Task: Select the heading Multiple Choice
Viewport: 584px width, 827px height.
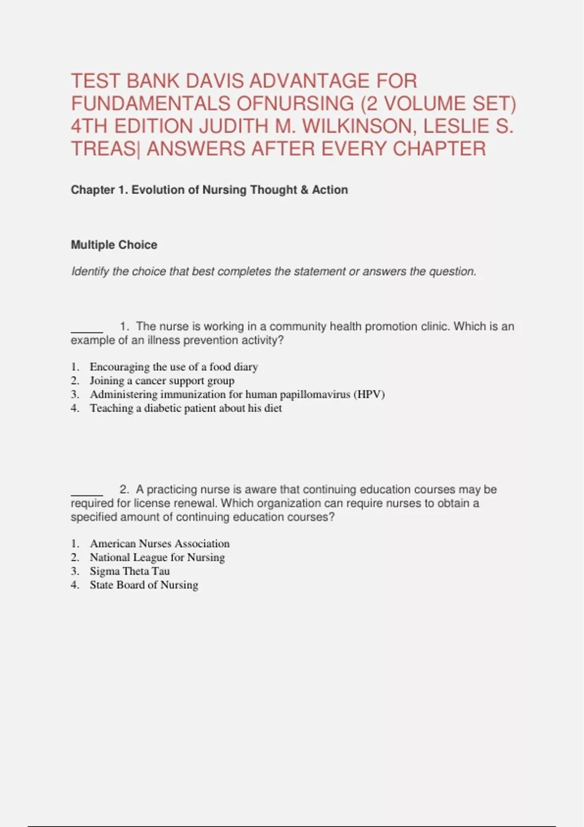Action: point(114,245)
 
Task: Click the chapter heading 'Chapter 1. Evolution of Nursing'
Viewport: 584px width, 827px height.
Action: point(209,190)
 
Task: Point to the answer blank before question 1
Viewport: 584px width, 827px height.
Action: point(87,331)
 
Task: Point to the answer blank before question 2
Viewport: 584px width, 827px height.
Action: point(87,494)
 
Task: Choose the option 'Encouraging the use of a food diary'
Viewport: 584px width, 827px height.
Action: point(174,367)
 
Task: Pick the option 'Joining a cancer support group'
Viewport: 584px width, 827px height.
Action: point(162,380)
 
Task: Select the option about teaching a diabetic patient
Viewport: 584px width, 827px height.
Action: point(185,408)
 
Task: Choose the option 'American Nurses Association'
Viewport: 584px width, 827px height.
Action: point(160,543)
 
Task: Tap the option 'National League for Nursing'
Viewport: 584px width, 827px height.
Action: point(157,557)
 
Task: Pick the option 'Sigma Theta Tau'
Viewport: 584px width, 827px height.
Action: point(129,571)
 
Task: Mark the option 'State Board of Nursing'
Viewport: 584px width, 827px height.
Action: point(144,584)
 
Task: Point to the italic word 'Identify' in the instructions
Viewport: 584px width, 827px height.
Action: point(90,271)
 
